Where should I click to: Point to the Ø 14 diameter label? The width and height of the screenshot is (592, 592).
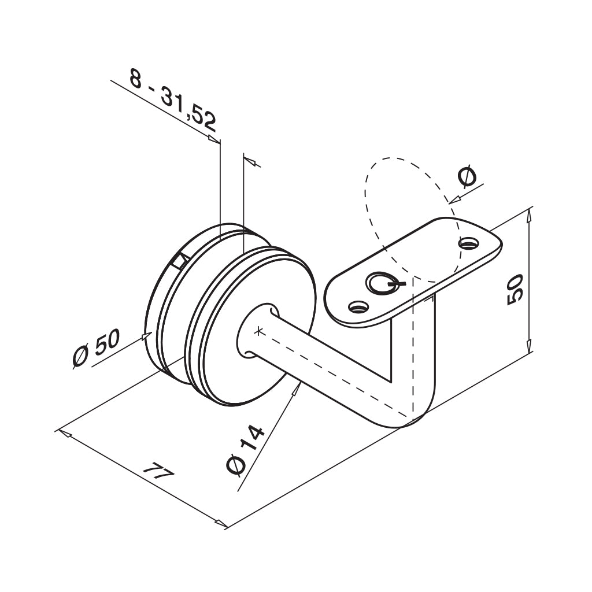[x=245, y=450]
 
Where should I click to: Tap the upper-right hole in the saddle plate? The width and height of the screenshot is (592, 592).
[x=469, y=243]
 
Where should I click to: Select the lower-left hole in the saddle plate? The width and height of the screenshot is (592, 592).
[x=359, y=306]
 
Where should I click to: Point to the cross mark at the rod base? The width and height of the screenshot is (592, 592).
[x=258, y=331]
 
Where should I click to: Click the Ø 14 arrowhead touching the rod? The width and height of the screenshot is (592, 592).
[x=295, y=390]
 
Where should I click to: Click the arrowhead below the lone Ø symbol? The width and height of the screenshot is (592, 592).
[x=454, y=199]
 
